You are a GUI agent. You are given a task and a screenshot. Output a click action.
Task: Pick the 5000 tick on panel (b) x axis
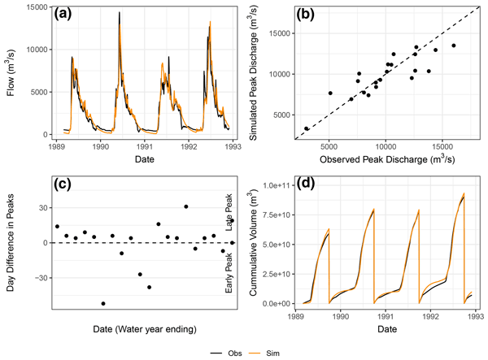tap(329, 147)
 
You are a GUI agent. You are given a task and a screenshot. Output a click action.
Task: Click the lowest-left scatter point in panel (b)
tap(307, 128)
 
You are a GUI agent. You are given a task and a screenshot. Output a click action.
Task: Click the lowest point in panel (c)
tap(103, 303)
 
